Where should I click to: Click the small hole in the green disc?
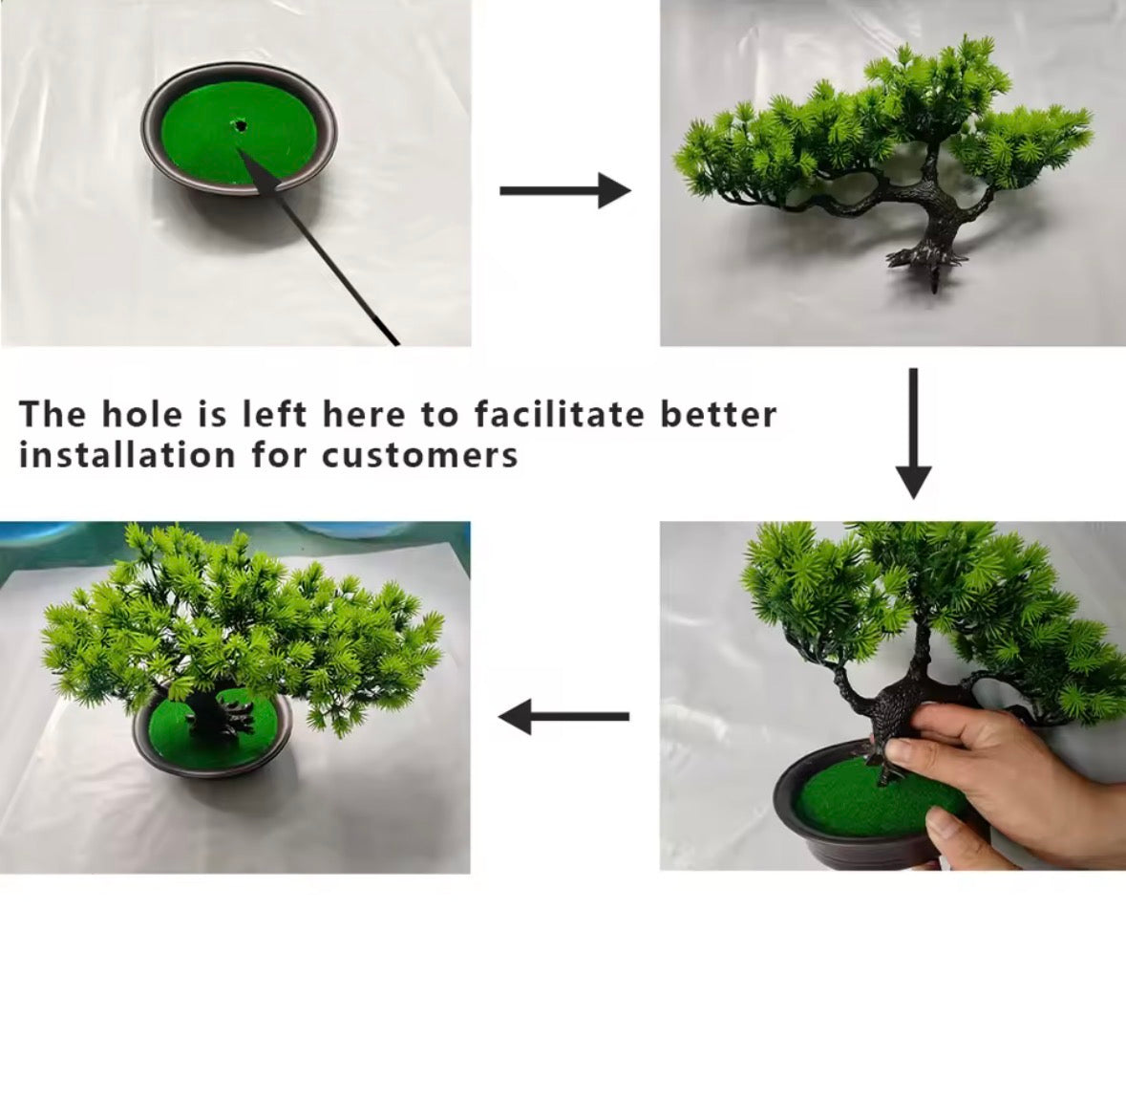click(x=239, y=124)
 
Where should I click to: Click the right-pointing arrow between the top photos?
click(x=565, y=190)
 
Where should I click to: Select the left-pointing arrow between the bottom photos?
click(x=563, y=716)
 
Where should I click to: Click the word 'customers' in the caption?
click(x=419, y=455)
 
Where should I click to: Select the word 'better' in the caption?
click(x=718, y=415)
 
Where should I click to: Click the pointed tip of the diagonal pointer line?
click(x=243, y=154)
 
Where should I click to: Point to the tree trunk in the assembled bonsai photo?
click(x=204, y=712)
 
